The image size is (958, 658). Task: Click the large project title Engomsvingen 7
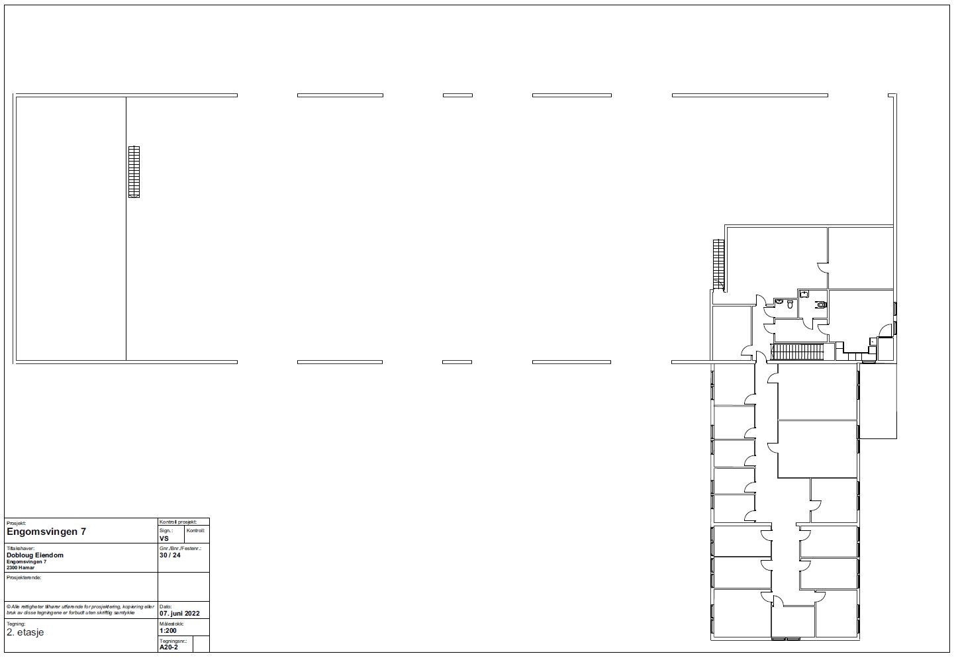[46, 532]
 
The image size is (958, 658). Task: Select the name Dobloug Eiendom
[35, 555]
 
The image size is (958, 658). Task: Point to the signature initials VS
[164, 539]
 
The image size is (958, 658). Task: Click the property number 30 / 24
[169, 555]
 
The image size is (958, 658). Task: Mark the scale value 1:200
[168, 631]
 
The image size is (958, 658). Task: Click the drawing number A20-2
[169, 647]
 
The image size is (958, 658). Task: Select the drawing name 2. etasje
[25, 632]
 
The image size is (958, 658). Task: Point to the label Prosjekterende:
[24, 578]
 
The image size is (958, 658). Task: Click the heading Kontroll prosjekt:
[178, 522]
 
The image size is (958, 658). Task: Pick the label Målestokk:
[171, 624]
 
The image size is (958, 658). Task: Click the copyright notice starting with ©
[79, 610]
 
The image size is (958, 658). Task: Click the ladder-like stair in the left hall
[134, 171]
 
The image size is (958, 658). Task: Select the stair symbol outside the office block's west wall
[719, 264]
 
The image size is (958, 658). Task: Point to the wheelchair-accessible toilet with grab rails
[822, 305]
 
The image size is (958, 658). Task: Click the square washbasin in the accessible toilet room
[804, 293]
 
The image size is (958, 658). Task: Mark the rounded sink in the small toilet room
[779, 302]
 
